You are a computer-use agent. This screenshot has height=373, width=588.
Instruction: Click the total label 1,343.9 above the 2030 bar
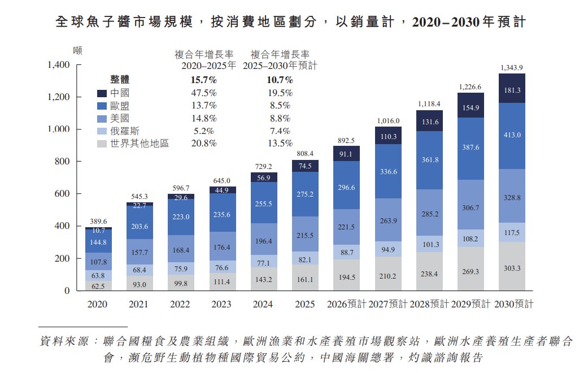(512, 68)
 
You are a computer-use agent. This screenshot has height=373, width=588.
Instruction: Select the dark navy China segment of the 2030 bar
(512, 88)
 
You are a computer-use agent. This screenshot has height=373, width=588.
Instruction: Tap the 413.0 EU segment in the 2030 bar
(512, 136)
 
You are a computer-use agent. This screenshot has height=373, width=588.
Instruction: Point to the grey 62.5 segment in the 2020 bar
(98, 285)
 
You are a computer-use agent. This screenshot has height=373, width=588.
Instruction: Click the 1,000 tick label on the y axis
(59, 129)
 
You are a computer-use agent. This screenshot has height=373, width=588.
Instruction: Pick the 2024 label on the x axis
(263, 304)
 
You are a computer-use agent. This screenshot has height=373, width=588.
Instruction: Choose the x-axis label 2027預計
(387, 304)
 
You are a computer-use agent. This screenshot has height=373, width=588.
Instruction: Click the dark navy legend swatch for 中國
(102, 93)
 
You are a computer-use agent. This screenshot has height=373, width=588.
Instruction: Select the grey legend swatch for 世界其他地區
(102, 144)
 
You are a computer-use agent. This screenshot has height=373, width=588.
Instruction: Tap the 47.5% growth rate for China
(204, 93)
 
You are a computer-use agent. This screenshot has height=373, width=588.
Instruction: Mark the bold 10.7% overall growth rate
(280, 80)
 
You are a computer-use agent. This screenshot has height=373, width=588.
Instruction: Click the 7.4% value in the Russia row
(280, 131)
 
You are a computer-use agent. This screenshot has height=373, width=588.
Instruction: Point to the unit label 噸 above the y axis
(77, 50)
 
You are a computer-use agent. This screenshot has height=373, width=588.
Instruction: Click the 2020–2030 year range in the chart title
(446, 22)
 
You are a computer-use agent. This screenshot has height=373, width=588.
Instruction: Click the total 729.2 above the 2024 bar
(264, 166)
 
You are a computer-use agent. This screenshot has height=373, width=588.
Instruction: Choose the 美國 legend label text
(120, 118)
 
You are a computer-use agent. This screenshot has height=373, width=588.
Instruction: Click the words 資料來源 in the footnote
(64, 341)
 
